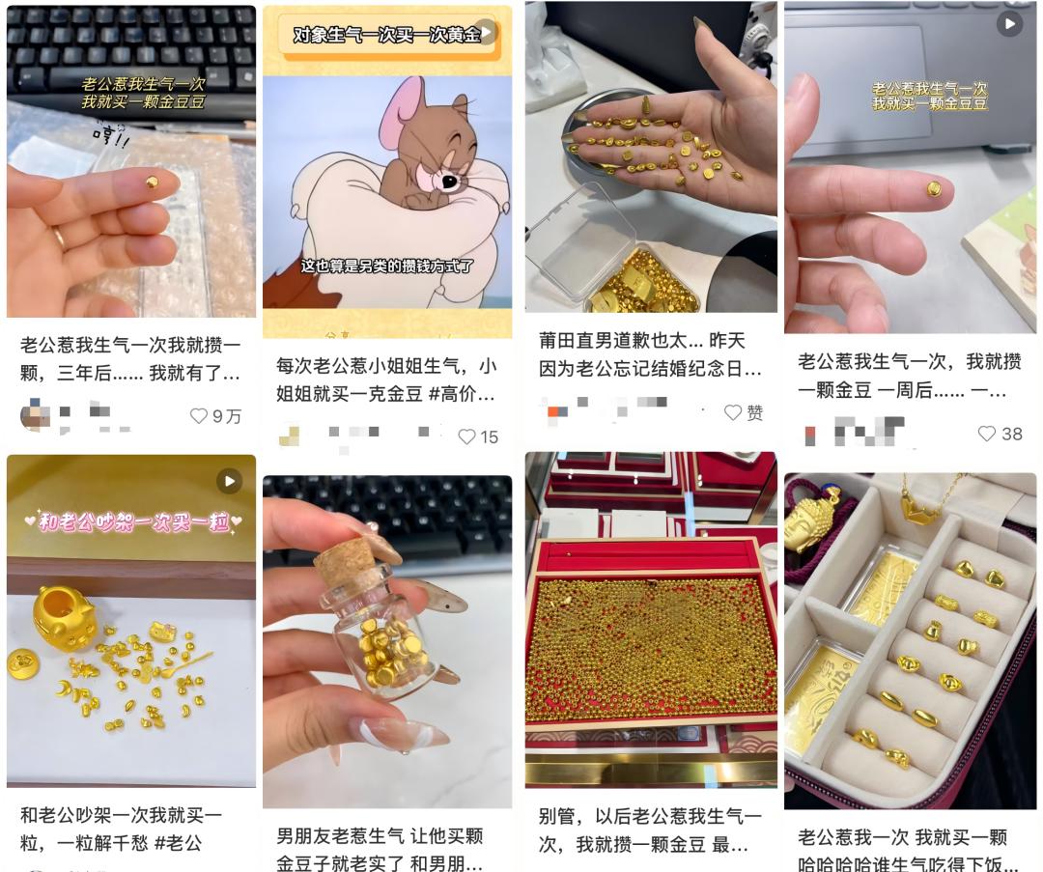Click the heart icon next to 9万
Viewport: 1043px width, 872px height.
click(199, 416)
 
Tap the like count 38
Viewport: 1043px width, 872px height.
click(1011, 434)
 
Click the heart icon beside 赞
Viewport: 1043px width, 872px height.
click(733, 412)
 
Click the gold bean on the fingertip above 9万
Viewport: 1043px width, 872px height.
click(153, 182)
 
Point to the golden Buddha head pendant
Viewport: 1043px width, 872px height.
click(814, 517)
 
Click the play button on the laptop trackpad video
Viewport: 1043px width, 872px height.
click(1009, 23)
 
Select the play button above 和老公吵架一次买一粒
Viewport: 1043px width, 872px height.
click(229, 480)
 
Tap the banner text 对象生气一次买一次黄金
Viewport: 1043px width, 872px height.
click(386, 36)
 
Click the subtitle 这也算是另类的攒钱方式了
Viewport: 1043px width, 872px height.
click(386, 267)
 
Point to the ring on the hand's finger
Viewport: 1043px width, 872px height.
click(57, 237)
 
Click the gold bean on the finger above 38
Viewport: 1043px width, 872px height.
click(934, 189)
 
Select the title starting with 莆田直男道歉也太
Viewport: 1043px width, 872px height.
click(650, 354)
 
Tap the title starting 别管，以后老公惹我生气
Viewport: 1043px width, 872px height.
click(650, 830)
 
